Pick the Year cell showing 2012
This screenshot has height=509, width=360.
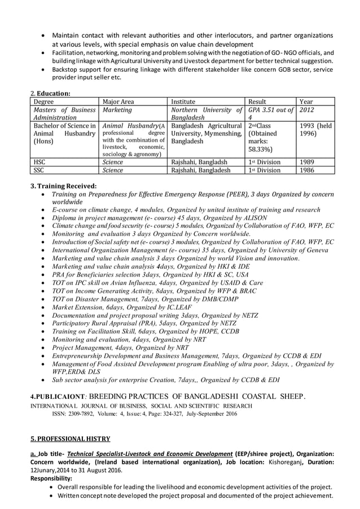pos(309,110)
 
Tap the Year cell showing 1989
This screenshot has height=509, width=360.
pos(308,161)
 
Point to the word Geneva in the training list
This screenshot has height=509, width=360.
pos(311,249)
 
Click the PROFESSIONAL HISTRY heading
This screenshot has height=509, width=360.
pos(70,438)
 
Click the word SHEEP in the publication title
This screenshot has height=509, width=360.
pos(287,395)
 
